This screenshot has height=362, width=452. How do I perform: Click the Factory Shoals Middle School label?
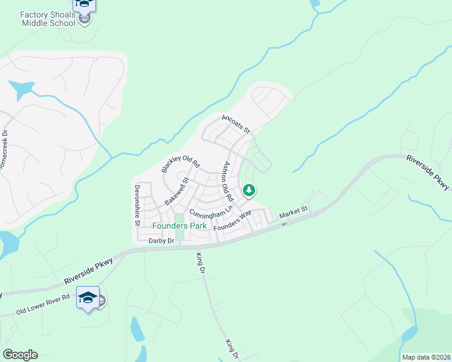coord(48,18)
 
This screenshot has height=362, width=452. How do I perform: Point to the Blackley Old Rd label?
coord(180,163)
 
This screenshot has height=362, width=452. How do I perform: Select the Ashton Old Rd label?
coord(228,181)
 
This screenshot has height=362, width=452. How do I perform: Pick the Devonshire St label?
coord(137,206)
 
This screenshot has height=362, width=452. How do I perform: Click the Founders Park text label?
coord(179,226)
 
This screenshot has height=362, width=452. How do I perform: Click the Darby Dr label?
coord(161,240)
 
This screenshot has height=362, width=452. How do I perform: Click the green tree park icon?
coord(248,191)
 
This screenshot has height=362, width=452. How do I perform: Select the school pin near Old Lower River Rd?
coord(88,299)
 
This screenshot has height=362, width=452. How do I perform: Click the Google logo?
coord(21,355)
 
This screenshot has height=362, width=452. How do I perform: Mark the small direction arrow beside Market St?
coord(284,223)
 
